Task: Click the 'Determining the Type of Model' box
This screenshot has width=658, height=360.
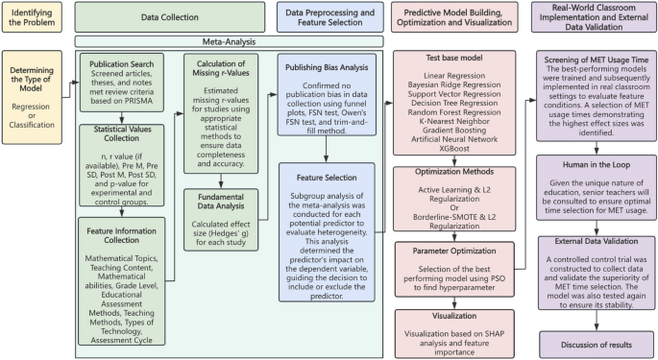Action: [34, 84]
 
